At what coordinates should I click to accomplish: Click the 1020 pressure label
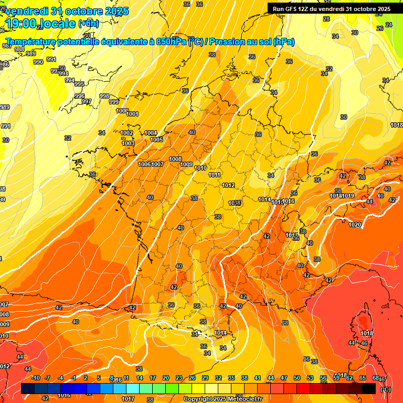[x=355, y=225]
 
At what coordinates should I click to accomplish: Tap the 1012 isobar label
[x=228, y=185]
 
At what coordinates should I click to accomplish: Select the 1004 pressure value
[x=151, y=133]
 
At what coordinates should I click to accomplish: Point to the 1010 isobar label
[x=200, y=168]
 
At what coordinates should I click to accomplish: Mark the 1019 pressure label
[x=348, y=196]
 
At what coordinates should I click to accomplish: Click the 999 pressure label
[x=114, y=102]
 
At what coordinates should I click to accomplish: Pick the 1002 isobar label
[x=126, y=133]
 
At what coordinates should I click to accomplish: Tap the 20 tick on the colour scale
[x=166, y=378]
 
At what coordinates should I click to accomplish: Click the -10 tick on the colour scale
[x=36, y=378]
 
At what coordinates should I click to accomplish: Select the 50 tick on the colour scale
[x=297, y=378]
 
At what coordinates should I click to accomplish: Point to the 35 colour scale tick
[x=231, y=378]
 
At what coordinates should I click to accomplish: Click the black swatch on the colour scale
[x=369, y=388]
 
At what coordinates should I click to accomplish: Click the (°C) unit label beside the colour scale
[x=386, y=389]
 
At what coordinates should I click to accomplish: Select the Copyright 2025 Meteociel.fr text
[x=222, y=399]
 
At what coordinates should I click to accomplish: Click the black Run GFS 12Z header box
[x=332, y=8]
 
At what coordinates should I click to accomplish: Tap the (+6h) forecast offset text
[x=88, y=23]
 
